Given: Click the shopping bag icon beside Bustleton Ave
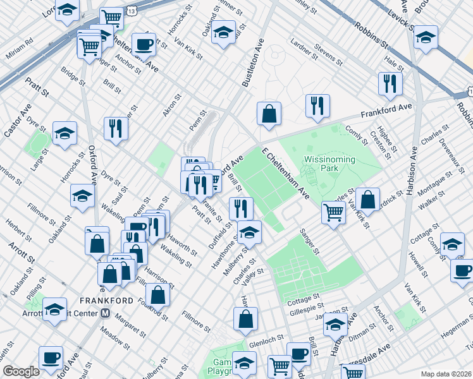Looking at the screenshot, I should pos(269,114).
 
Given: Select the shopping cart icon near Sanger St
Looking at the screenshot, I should pos(333,212).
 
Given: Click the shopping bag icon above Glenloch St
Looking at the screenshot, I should pos(245,319).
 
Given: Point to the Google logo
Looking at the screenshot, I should pos(21,371).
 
